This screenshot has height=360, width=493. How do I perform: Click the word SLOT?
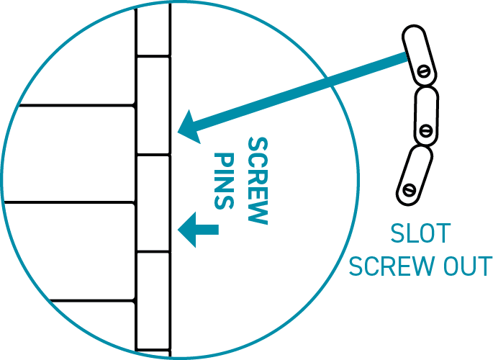420,235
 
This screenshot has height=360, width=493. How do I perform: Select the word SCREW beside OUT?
388,266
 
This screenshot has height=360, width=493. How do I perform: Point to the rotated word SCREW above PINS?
256,180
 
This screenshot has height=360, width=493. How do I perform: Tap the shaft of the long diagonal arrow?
302,92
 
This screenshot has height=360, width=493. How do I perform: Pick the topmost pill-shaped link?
420,55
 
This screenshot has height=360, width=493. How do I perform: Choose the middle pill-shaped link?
425,115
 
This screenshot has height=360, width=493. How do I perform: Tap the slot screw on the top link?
425,71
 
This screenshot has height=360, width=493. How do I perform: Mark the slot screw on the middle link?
425,131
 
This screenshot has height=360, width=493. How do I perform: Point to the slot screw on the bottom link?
410,190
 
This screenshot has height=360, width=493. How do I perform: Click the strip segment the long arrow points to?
153,105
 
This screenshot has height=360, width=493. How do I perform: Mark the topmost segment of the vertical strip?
153,29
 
